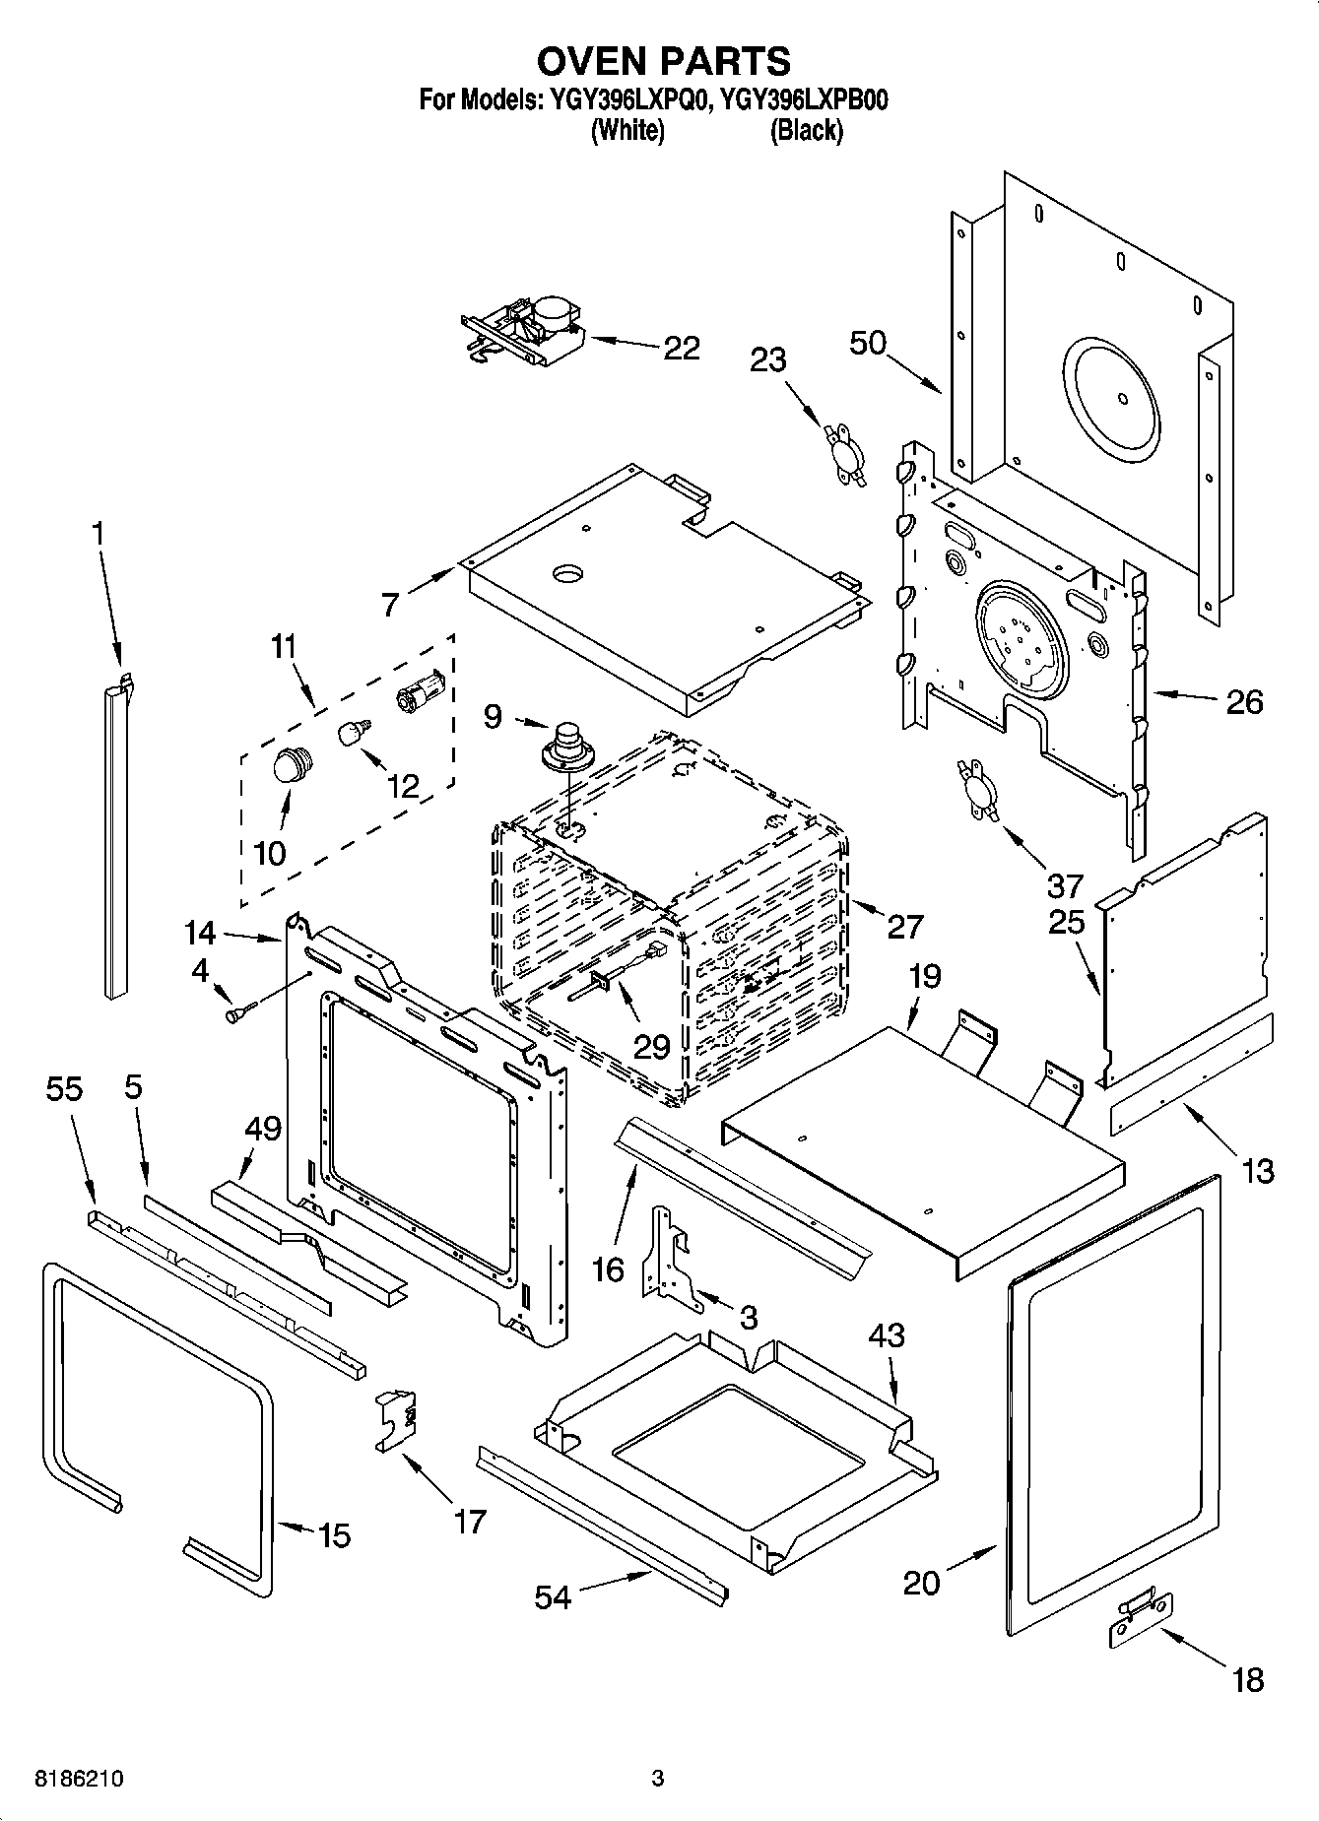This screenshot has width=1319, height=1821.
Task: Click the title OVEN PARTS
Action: (x=663, y=61)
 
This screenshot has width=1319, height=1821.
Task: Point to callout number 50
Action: (x=868, y=343)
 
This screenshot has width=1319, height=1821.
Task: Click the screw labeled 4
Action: (x=239, y=1011)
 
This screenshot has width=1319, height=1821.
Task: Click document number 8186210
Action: (x=80, y=1779)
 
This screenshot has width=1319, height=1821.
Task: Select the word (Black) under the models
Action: (x=806, y=130)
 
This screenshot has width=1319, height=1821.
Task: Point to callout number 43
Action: (x=887, y=1336)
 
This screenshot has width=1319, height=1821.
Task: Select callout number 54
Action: (x=553, y=1596)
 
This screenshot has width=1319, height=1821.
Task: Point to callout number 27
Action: (x=905, y=926)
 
